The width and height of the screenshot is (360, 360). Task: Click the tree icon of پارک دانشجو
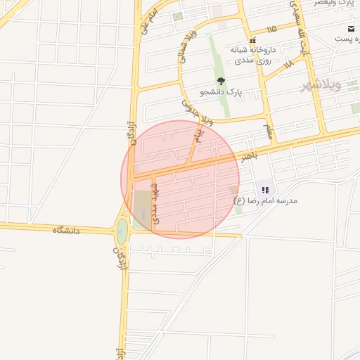[x=221, y=81]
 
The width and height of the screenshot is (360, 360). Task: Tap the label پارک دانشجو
[x=221, y=92]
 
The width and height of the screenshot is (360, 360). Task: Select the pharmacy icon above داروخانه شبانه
[x=252, y=40]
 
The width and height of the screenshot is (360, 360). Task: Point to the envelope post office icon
[x=349, y=29]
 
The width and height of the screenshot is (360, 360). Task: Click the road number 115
[x=271, y=29]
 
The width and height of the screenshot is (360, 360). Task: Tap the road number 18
[x=288, y=65]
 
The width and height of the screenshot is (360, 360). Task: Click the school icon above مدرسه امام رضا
[x=265, y=190]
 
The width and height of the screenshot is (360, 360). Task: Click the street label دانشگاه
[x=66, y=230]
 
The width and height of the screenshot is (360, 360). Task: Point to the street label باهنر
[x=250, y=155]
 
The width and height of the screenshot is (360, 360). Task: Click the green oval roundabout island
[x=122, y=230]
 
